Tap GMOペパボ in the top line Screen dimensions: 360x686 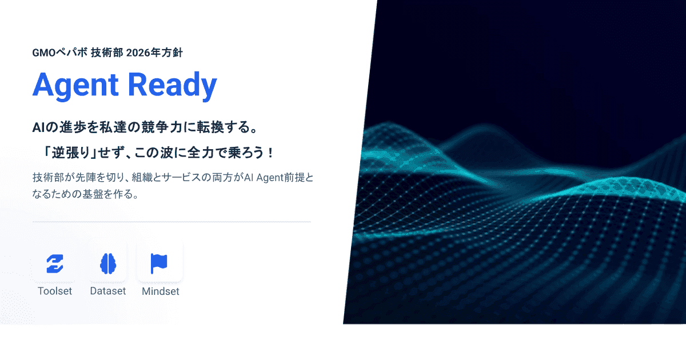[60, 53]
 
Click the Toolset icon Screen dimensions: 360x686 [55, 263]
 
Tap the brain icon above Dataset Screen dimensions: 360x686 [107, 263]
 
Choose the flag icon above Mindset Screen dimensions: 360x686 [159, 263]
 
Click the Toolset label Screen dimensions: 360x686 [55, 291]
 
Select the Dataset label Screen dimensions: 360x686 [107, 291]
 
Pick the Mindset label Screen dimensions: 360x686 [160, 291]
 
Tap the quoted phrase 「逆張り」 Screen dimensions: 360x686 [70, 154]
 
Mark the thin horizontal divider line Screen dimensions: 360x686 [171, 221]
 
